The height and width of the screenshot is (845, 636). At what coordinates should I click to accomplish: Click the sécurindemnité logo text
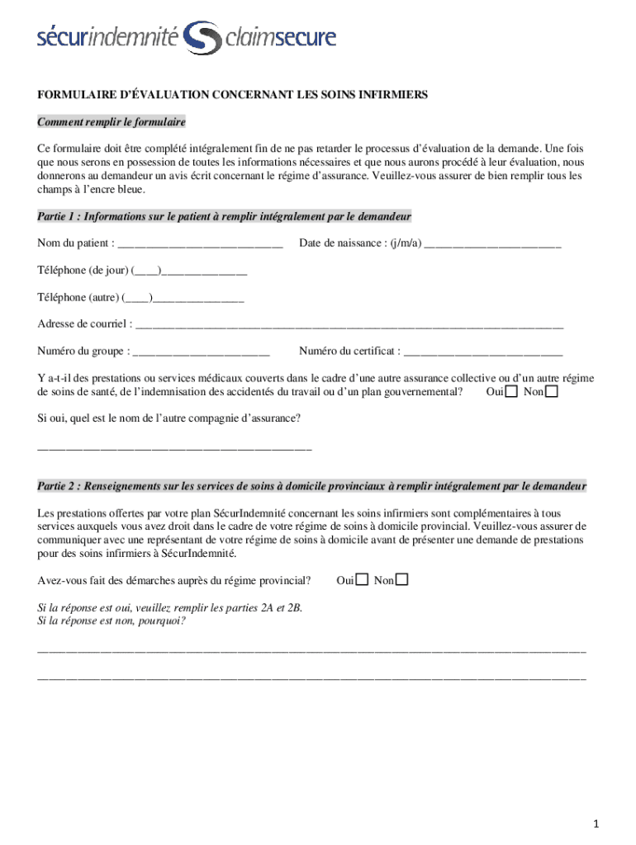click(107, 37)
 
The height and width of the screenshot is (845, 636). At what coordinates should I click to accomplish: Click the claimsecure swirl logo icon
click(201, 38)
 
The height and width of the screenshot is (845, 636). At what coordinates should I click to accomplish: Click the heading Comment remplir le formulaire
click(112, 122)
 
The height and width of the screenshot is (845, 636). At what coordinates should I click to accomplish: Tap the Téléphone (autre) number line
click(198, 298)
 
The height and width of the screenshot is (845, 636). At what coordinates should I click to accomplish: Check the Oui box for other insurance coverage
click(512, 391)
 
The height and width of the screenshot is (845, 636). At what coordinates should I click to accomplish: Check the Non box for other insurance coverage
click(552, 391)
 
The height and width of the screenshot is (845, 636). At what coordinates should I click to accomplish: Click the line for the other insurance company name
click(174, 448)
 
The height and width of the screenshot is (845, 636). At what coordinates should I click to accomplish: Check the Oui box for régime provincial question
click(362, 580)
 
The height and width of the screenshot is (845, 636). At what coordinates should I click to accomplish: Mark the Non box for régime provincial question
click(401, 580)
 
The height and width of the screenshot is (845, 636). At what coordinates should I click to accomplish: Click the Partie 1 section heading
click(224, 217)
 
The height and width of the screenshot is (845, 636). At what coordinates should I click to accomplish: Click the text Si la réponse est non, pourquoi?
click(112, 621)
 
